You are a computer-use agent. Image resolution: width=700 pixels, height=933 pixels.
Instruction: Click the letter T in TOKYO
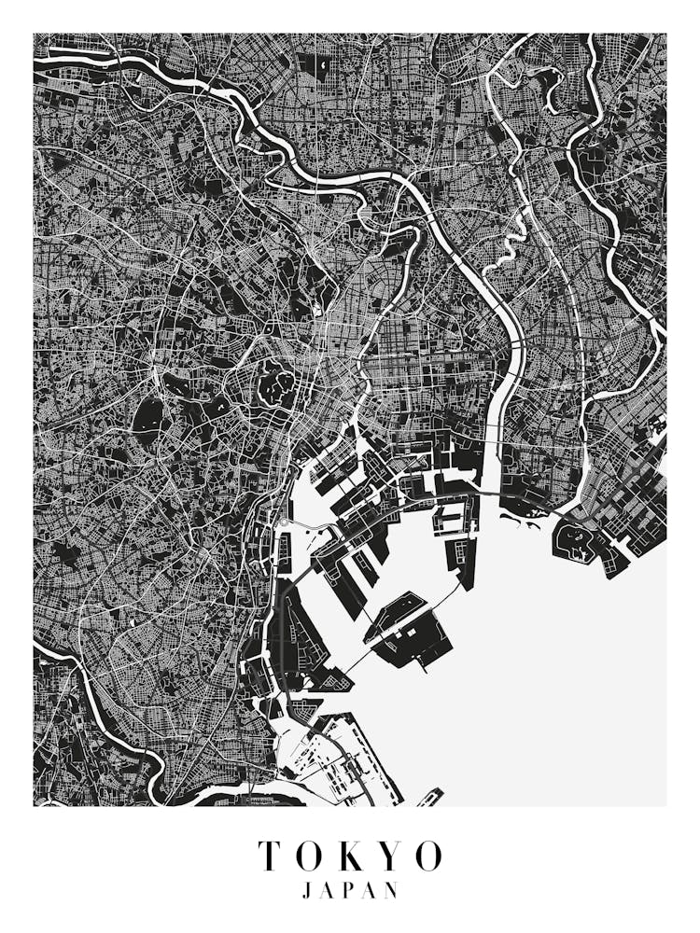point(271,856)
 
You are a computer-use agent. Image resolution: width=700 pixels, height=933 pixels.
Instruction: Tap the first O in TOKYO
point(312,856)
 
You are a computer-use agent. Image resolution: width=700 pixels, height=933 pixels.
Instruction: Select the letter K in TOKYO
point(356,856)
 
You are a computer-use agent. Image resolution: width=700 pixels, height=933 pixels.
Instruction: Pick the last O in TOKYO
point(430,856)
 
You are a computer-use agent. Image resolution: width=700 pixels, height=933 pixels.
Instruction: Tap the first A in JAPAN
point(329,891)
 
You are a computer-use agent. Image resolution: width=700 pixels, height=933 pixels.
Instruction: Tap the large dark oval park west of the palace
point(147,417)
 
